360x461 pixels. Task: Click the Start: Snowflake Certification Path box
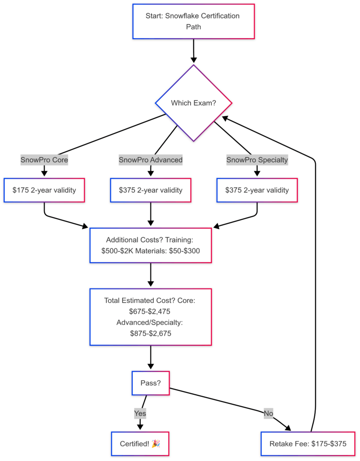(193, 21)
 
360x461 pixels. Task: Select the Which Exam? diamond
(193, 103)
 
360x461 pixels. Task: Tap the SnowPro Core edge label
(44, 159)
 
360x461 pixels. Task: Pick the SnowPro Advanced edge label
(150, 159)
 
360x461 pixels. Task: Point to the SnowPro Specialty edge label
(257, 159)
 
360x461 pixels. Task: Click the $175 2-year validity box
(44, 190)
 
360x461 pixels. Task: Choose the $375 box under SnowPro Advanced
(150, 190)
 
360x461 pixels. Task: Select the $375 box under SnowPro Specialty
(257, 190)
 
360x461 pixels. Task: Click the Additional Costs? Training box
(150, 245)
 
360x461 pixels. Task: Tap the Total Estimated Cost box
(150, 317)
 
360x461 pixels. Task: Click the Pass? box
(150, 383)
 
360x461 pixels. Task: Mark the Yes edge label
(140, 412)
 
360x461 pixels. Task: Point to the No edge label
(269, 412)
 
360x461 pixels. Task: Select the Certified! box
(140, 444)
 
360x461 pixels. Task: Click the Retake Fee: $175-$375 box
(308, 444)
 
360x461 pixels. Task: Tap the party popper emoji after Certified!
(155, 444)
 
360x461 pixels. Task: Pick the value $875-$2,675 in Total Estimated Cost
(150, 334)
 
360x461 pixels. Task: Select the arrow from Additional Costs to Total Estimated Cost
(150, 275)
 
